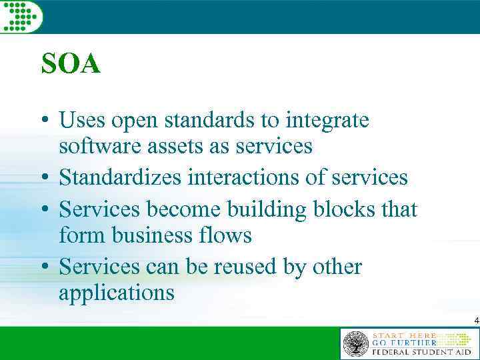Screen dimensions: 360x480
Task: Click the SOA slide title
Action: click(x=71, y=65)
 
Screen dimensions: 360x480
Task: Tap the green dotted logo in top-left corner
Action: click(x=21, y=15)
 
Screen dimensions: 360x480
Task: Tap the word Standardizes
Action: click(x=121, y=177)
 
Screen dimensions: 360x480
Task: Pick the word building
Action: click(x=266, y=209)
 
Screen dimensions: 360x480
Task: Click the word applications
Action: click(x=117, y=293)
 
